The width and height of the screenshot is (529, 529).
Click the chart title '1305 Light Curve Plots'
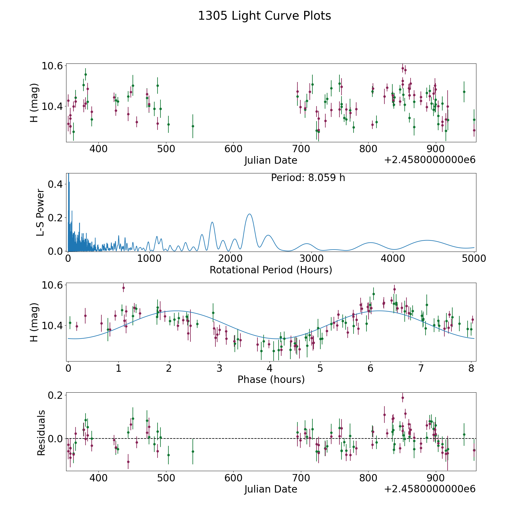[264, 16]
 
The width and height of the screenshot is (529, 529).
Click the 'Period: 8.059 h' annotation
[308, 178]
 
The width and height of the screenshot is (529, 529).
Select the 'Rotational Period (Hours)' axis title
[271, 270]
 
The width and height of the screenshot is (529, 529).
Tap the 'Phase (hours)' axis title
[271, 379]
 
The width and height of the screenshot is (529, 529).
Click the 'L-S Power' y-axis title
[40, 212]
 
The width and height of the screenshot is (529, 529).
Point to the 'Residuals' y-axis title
[41, 433]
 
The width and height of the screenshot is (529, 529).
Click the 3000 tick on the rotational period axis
[312, 259]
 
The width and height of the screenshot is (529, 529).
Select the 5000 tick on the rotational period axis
[474, 259]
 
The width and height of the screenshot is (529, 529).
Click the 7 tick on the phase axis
[421, 368]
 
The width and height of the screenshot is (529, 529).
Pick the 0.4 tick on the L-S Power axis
[55, 184]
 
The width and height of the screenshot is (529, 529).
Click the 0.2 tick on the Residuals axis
[55, 395]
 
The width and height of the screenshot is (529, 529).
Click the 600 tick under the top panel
[233, 149]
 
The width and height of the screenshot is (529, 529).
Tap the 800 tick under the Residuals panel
[369, 478]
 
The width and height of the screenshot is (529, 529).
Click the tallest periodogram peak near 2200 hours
[249, 214]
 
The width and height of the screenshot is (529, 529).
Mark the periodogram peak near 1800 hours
[212, 222]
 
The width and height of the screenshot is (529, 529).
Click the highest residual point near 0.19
[403, 398]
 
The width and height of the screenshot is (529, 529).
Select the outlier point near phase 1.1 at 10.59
[123, 288]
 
